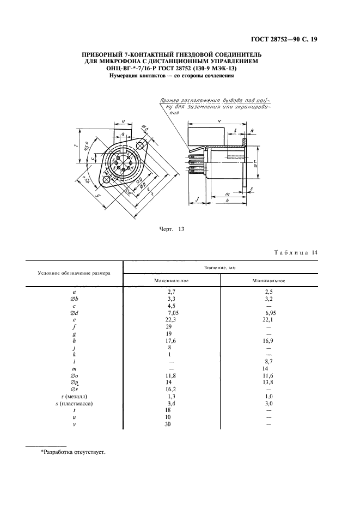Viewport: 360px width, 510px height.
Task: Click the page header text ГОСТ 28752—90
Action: [x=291, y=38]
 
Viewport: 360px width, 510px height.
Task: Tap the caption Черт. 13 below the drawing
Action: [x=169, y=229]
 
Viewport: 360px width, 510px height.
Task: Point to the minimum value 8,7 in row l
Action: [x=268, y=361]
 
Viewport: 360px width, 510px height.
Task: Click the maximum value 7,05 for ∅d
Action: [x=173, y=312]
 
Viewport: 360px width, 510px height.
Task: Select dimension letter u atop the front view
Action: [x=124, y=122]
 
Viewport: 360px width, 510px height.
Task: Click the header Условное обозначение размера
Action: [x=74, y=273]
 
